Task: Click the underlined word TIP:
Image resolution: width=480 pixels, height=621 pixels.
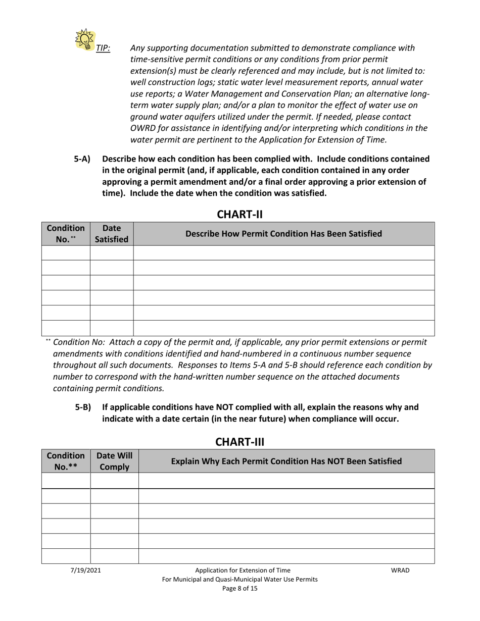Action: pos(103,48)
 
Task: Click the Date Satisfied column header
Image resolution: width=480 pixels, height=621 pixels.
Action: pos(112,234)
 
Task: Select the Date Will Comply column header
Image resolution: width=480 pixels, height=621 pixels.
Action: pos(114,461)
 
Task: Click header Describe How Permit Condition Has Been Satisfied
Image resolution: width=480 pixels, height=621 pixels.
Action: pos(283,234)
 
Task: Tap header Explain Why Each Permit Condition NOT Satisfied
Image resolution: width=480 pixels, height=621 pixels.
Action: pos(286,461)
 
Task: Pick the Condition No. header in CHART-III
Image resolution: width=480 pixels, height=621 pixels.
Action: pos(65,461)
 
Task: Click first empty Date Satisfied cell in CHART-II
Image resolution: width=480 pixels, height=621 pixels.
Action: pos(112,253)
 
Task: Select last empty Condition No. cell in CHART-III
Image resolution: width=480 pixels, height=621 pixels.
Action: pos(66,556)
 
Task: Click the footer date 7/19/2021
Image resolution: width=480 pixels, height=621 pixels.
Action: pos(85,571)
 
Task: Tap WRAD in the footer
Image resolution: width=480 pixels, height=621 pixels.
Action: pos(400,571)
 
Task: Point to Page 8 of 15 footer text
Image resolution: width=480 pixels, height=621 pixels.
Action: pos(239,589)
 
